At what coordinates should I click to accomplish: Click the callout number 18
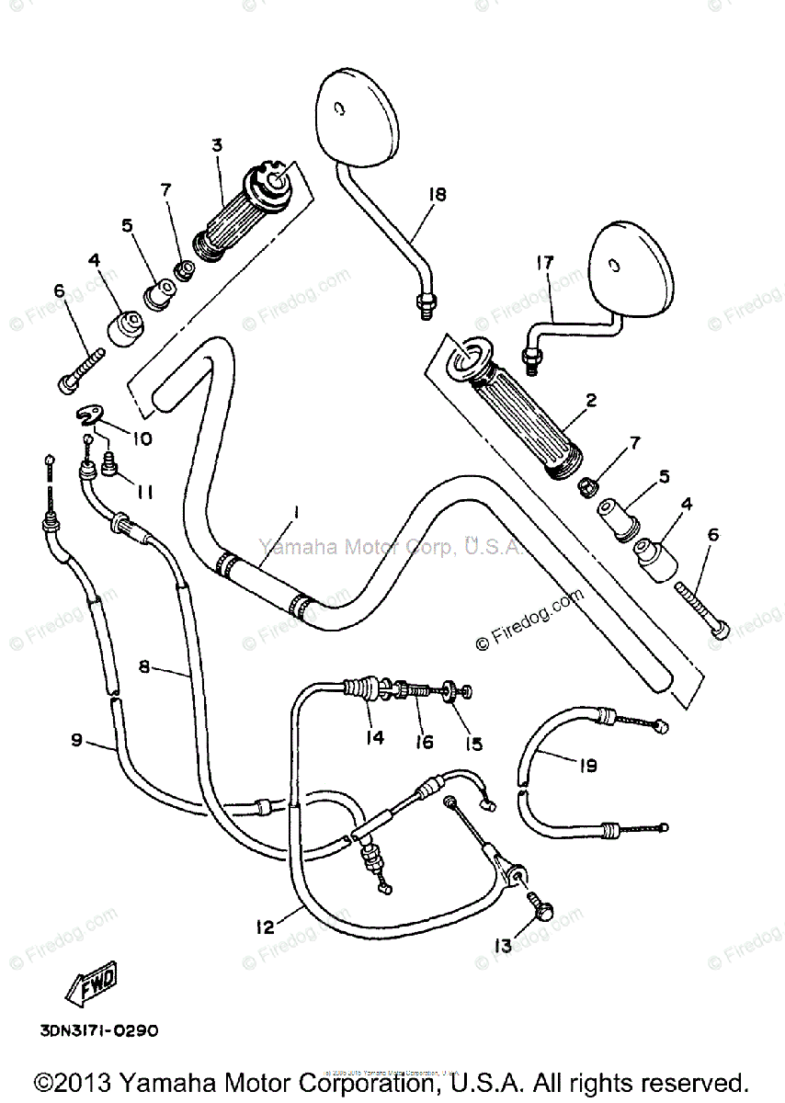click(x=436, y=194)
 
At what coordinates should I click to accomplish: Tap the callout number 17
click(x=545, y=262)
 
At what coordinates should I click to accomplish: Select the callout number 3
click(x=217, y=144)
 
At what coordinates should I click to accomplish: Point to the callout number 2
click(x=591, y=400)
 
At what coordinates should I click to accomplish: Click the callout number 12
click(x=265, y=927)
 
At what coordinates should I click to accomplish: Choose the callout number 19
click(x=588, y=763)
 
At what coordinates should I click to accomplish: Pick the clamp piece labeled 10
click(x=90, y=416)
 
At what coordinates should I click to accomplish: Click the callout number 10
click(x=141, y=438)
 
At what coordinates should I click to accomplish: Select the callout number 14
click(x=373, y=736)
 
